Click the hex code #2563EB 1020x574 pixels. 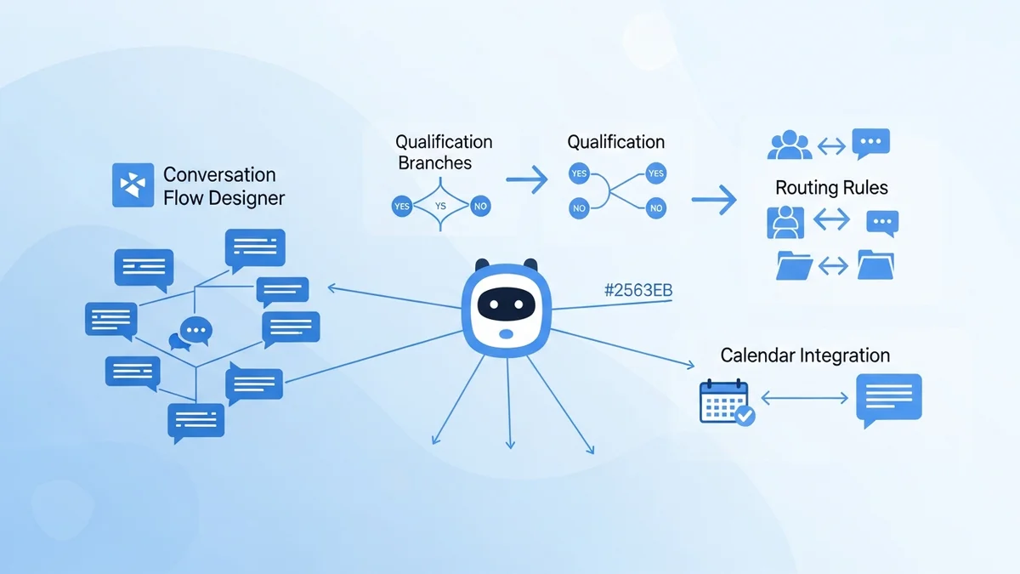point(637,291)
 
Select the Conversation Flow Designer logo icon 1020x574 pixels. point(133,185)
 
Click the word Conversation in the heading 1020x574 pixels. point(219,174)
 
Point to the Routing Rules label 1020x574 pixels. point(831,188)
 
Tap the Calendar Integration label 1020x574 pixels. point(805,355)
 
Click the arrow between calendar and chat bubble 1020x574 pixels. point(805,397)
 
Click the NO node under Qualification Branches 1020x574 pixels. point(479,206)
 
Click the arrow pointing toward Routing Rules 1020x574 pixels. point(713,200)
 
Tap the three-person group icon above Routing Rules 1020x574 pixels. point(789,145)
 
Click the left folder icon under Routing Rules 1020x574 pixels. point(795,265)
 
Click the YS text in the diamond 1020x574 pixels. point(440,206)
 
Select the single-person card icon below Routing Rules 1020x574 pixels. point(785,222)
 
